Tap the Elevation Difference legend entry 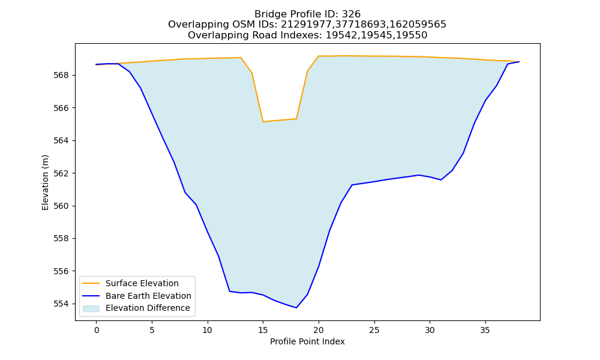(x=136, y=308)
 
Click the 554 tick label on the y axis (x=61, y=304)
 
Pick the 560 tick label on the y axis (x=61, y=206)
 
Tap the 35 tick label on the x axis (x=485, y=330)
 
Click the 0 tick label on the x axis (x=97, y=330)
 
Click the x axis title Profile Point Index (x=307, y=341)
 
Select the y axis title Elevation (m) (x=45, y=182)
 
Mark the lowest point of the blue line (x=296, y=308)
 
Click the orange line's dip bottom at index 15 (x=263, y=122)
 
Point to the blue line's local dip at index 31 (x=441, y=180)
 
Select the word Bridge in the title (x=268, y=14)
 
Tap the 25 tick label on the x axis (x=374, y=330)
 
